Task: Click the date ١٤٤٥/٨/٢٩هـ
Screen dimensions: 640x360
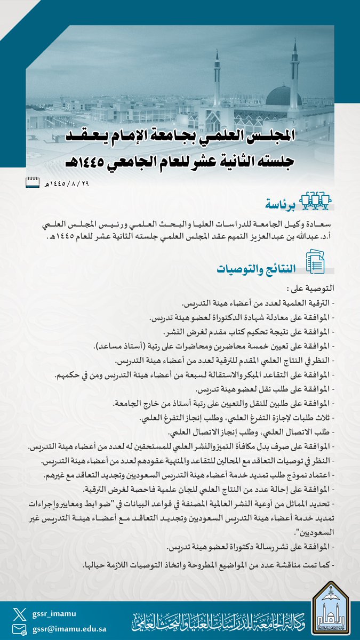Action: (66, 185)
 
